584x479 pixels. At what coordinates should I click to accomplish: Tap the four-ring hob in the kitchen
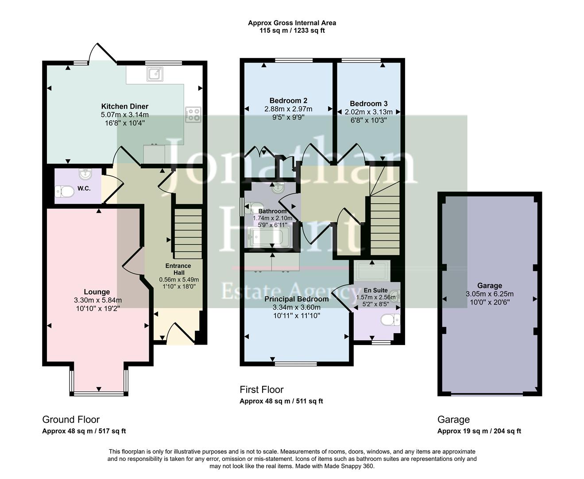(193, 114)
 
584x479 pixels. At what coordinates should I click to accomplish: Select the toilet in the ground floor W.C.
(65, 192)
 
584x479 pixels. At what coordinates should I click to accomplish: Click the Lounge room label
(97, 292)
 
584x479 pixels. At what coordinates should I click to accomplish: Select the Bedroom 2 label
(288, 101)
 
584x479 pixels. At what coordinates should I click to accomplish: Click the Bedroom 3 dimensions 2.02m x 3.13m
(368, 112)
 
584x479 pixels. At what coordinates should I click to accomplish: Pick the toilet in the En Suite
(391, 320)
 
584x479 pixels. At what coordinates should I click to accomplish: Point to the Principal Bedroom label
(297, 299)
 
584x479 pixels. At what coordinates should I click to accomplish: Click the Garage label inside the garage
(490, 286)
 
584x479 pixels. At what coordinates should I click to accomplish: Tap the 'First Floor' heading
(261, 389)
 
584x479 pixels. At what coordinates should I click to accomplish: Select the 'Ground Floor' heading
(71, 420)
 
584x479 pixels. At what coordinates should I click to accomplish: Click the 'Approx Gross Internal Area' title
(292, 23)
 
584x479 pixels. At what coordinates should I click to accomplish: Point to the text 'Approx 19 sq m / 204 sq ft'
(479, 431)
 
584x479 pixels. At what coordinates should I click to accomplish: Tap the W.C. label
(84, 188)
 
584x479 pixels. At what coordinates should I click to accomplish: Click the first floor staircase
(385, 226)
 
